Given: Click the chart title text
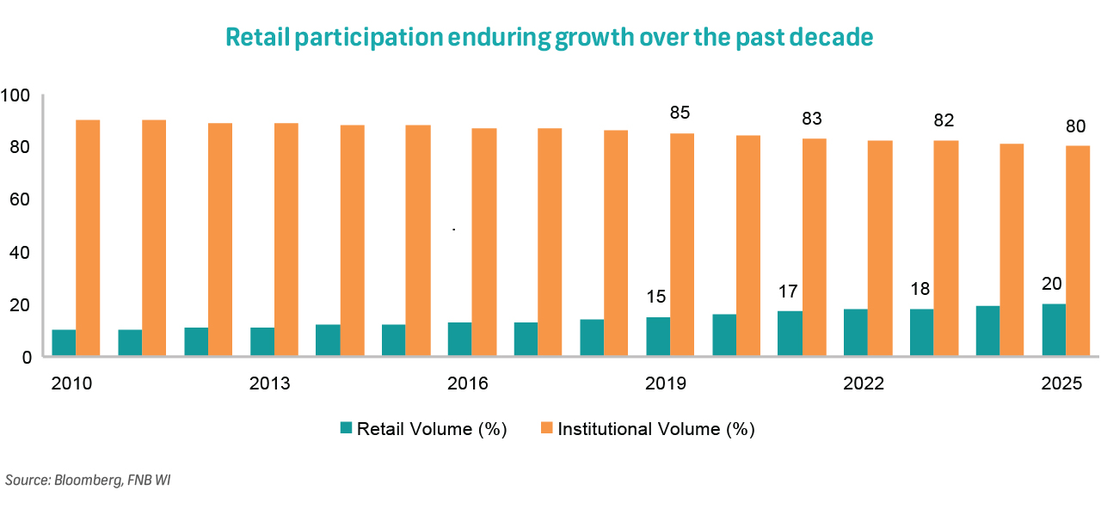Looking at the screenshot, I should (549, 37).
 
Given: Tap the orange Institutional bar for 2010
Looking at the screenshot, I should (88, 238).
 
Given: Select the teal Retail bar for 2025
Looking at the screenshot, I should (1054, 330).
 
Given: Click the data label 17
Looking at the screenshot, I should (790, 291).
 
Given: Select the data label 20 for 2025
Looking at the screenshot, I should (1054, 285).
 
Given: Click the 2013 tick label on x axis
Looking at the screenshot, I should (269, 383).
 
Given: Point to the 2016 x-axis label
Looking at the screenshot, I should (467, 383).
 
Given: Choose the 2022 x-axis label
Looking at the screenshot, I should (864, 383).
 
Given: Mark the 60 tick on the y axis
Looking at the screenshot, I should (20, 199).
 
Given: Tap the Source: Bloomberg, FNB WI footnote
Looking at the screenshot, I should (88, 480).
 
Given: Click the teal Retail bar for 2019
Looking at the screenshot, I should (658, 336).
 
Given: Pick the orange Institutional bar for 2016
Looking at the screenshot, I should (483, 242).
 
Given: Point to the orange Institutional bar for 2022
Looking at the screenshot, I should (880, 248).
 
